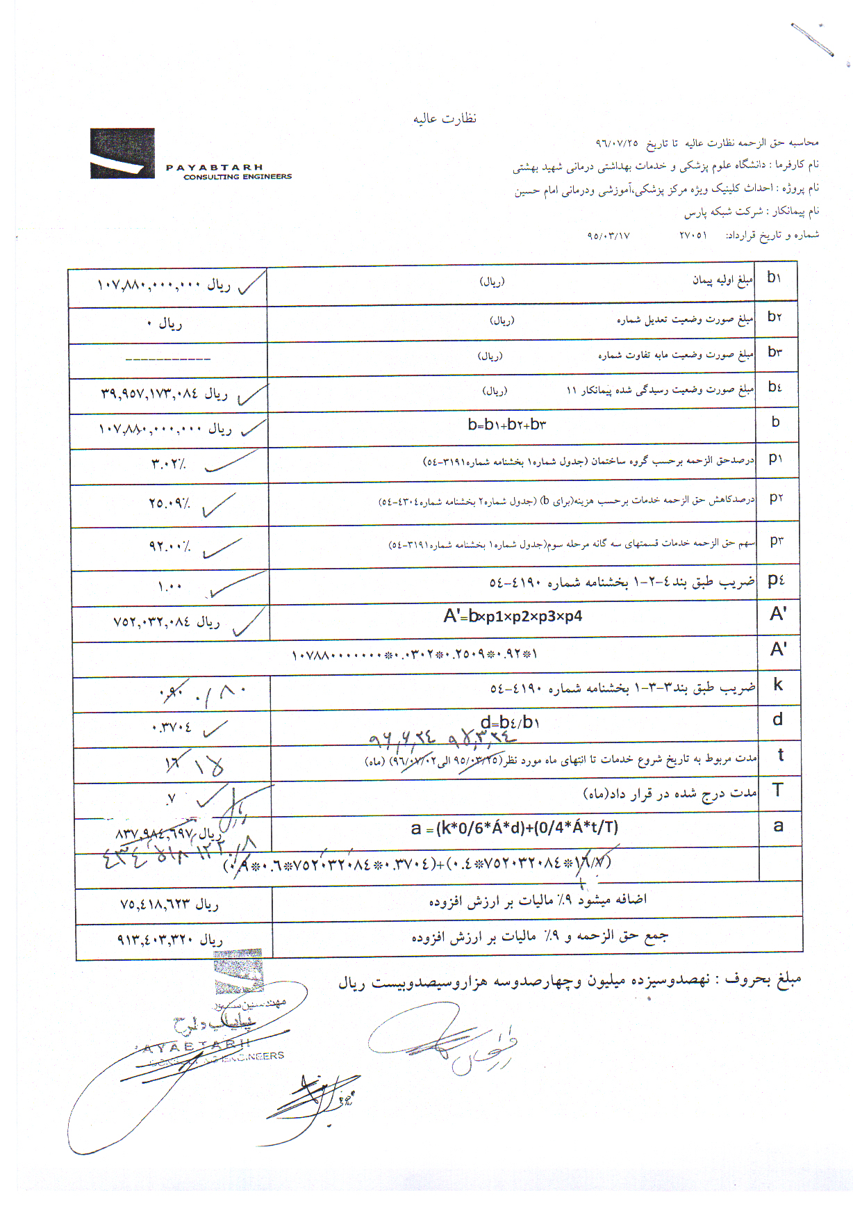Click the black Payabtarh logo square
(122, 154)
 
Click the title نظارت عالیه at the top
(445, 118)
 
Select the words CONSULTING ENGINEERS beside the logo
(238, 177)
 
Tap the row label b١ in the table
(775, 277)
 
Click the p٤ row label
(777, 580)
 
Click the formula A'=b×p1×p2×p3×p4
(513, 616)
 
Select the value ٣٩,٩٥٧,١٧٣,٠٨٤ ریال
(165, 394)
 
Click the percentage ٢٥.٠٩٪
(169, 503)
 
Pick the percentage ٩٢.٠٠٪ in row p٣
(169, 546)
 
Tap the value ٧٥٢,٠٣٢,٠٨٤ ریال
(167, 621)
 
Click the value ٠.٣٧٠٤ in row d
(172, 728)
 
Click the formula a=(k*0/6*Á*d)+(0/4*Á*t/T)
(514, 828)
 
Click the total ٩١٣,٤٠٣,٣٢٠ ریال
(170, 941)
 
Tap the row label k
(778, 685)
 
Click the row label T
(778, 790)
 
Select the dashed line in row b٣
(167, 359)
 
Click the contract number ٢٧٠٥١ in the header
(693, 236)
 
